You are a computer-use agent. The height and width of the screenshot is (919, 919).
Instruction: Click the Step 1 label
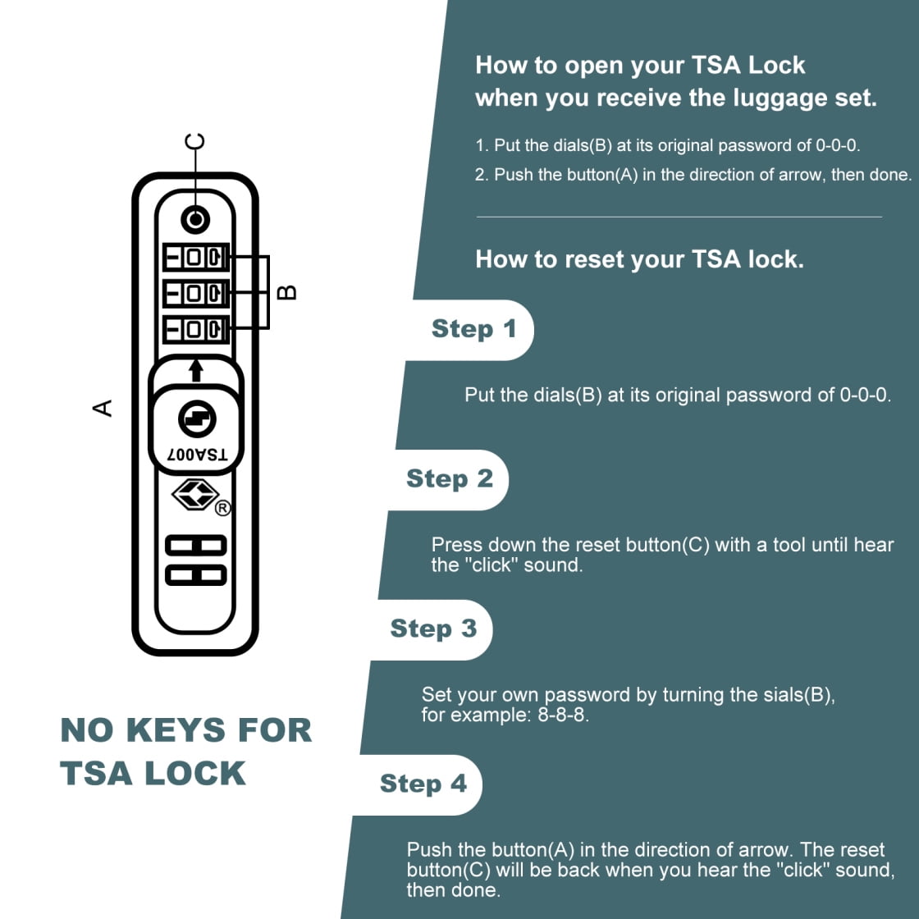click(473, 329)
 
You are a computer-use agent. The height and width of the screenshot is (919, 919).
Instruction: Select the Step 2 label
click(450, 479)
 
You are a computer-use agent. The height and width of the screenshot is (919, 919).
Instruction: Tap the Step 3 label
click(433, 629)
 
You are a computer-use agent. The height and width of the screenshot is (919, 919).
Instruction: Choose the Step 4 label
click(423, 784)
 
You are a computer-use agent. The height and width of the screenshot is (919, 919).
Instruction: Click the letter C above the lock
click(194, 142)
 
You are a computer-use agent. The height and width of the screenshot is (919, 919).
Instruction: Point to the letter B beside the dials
click(286, 292)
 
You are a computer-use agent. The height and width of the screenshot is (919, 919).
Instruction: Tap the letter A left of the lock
click(103, 408)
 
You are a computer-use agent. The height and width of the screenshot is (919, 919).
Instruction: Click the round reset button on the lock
click(195, 220)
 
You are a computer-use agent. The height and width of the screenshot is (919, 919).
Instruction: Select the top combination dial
click(196, 258)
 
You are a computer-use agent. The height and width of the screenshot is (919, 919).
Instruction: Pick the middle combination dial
click(196, 293)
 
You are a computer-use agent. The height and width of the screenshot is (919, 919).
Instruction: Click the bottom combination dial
click(196, 329)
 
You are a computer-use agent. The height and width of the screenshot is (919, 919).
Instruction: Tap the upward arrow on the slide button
click(196, 370)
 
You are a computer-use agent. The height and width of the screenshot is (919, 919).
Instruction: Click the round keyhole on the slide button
click(197, 419)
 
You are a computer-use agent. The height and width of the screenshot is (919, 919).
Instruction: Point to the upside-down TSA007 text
click(197, 455)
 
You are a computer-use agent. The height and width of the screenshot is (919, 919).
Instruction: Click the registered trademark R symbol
click(222, 508)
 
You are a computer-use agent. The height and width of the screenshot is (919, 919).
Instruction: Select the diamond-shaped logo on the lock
click(195, 494)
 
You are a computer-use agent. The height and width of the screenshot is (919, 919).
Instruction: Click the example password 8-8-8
click(563, 715)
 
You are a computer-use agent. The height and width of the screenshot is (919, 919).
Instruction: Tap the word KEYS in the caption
click(176, 730)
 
